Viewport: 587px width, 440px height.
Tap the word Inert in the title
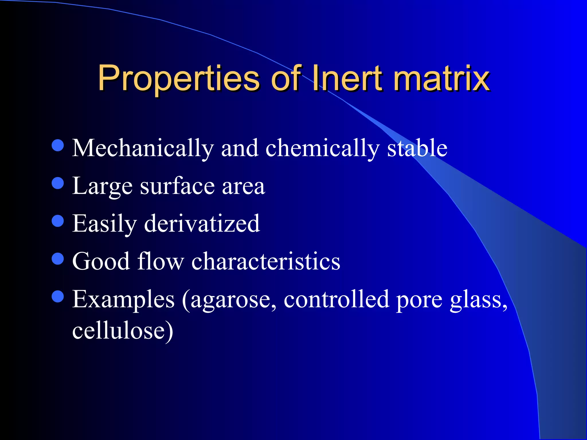tap(347, 78)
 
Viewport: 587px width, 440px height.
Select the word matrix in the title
tap(441, 78)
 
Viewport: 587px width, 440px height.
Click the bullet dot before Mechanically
tap(58, 145)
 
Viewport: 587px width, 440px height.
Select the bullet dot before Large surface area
tap(58, 183)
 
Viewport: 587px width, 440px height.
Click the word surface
tap(177, 186)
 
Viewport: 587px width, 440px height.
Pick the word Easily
tap(104, 224)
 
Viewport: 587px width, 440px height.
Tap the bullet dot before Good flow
tap(58, 259)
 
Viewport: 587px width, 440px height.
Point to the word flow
tap(161, 261)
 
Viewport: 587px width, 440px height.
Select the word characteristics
tap(266, 261)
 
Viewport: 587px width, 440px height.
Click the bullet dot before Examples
tap(58, 296)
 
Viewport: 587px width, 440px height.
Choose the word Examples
tap(123, 300)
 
